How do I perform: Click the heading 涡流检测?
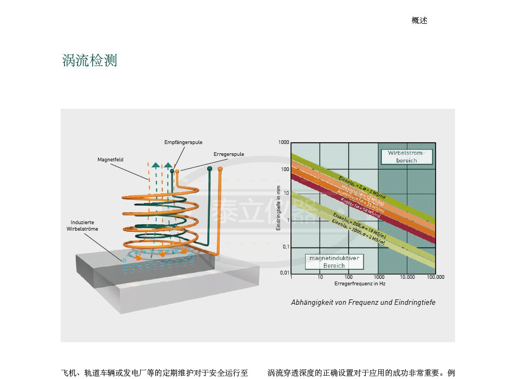pos(90,61)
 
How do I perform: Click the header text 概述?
pos(419,21)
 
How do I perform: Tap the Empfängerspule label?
pos(183,142)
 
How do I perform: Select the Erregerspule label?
pos(229,154)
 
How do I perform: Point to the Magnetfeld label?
pos(110,160)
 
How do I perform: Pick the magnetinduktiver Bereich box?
pos(334,262)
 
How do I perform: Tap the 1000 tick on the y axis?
pos(284,142)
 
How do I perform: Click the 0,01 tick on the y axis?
pos(284,272)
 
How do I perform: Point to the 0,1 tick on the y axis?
pos(286,246)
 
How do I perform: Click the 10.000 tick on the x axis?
pos(407,277)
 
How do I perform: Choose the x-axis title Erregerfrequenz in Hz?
pos(360,284)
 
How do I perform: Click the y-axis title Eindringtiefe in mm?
pos(279,208)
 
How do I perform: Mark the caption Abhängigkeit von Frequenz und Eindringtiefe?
pos(363,303)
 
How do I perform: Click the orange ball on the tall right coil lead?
pos(220,169)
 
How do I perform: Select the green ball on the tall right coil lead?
pos(210,169)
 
